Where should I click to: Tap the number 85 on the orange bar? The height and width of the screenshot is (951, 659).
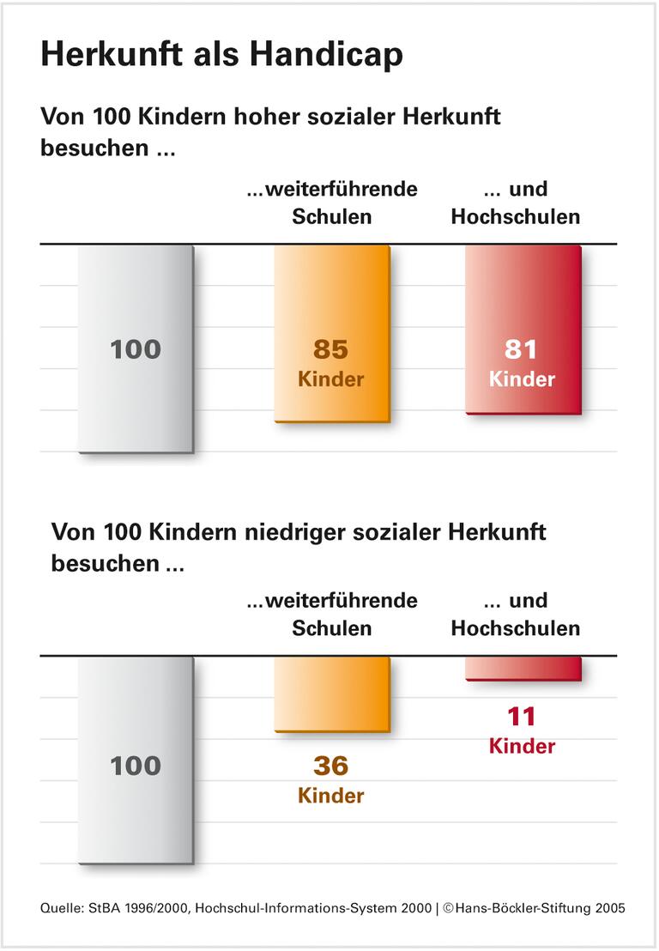click(331, 349)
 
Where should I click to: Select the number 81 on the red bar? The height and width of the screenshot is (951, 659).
click(522, 349)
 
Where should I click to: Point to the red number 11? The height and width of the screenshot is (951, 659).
click(522, 716)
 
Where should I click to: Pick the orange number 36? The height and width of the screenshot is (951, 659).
click(331, 765)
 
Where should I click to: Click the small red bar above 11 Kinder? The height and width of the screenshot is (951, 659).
click(523, 669)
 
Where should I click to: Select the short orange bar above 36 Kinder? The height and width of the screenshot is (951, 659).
click(331, 694)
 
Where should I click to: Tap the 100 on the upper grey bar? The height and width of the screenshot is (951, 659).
click(136, 349)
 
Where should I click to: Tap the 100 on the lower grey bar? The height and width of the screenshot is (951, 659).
click(136, 765)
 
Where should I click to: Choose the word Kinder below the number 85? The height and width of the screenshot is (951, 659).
click(331, 379)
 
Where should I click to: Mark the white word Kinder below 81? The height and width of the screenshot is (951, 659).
click(522, 379)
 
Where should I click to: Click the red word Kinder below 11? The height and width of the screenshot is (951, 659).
click(522, 746)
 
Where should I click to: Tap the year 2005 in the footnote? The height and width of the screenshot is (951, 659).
click(609, 908)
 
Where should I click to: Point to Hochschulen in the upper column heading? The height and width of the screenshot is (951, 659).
click(516, 217)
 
